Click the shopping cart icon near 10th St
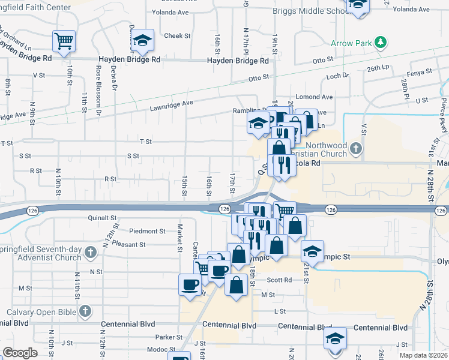point(64,41)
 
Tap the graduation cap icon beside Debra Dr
point(142,40)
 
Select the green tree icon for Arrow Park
point(379,42)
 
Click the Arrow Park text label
point(351,43)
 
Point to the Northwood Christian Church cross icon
point(356,148)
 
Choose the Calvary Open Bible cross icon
point(85,311)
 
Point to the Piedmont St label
point(147,231)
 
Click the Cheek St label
point(177,36)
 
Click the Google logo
point(20,353)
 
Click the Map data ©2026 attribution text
point(423,355)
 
